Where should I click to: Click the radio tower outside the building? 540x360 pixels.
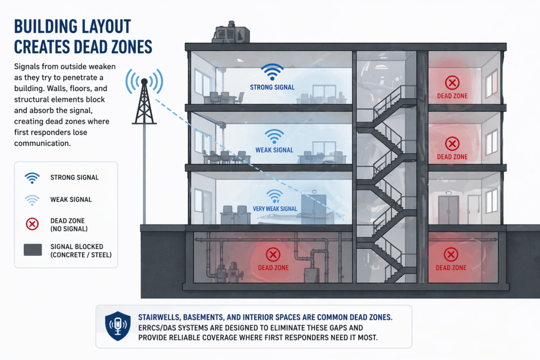click(144, 105)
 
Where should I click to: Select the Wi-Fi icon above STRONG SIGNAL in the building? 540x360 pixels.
click(273, 73)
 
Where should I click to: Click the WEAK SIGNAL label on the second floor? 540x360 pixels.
click(274, 150)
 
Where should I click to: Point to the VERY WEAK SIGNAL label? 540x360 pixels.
click(275, 209)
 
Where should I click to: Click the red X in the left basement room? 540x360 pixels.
click(273, 255)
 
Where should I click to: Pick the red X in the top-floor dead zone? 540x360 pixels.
click(452, 82)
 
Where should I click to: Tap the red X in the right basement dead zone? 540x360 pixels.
click(451, 255)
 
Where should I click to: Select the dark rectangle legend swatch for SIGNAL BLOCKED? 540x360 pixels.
click(33, 250)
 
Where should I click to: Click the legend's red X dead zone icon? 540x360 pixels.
click(33, 224)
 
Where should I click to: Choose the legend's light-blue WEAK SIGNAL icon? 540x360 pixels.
click(33, 200)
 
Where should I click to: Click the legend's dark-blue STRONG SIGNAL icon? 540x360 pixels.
click(33, 178)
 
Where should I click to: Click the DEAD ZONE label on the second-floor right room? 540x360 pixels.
click(452, 157)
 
